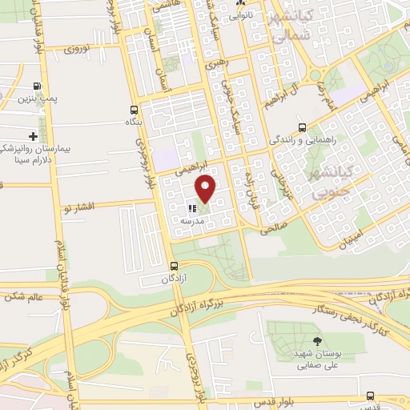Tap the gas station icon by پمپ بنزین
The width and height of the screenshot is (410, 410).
[38, 86]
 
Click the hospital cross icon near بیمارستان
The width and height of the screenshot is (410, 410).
[33, 136]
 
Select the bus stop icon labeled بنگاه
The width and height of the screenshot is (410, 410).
[134, 110]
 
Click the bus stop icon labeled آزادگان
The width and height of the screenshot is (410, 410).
[174, 266]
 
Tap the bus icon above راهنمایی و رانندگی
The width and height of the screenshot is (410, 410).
[302, 127]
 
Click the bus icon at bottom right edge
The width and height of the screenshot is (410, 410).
[370, 396]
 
